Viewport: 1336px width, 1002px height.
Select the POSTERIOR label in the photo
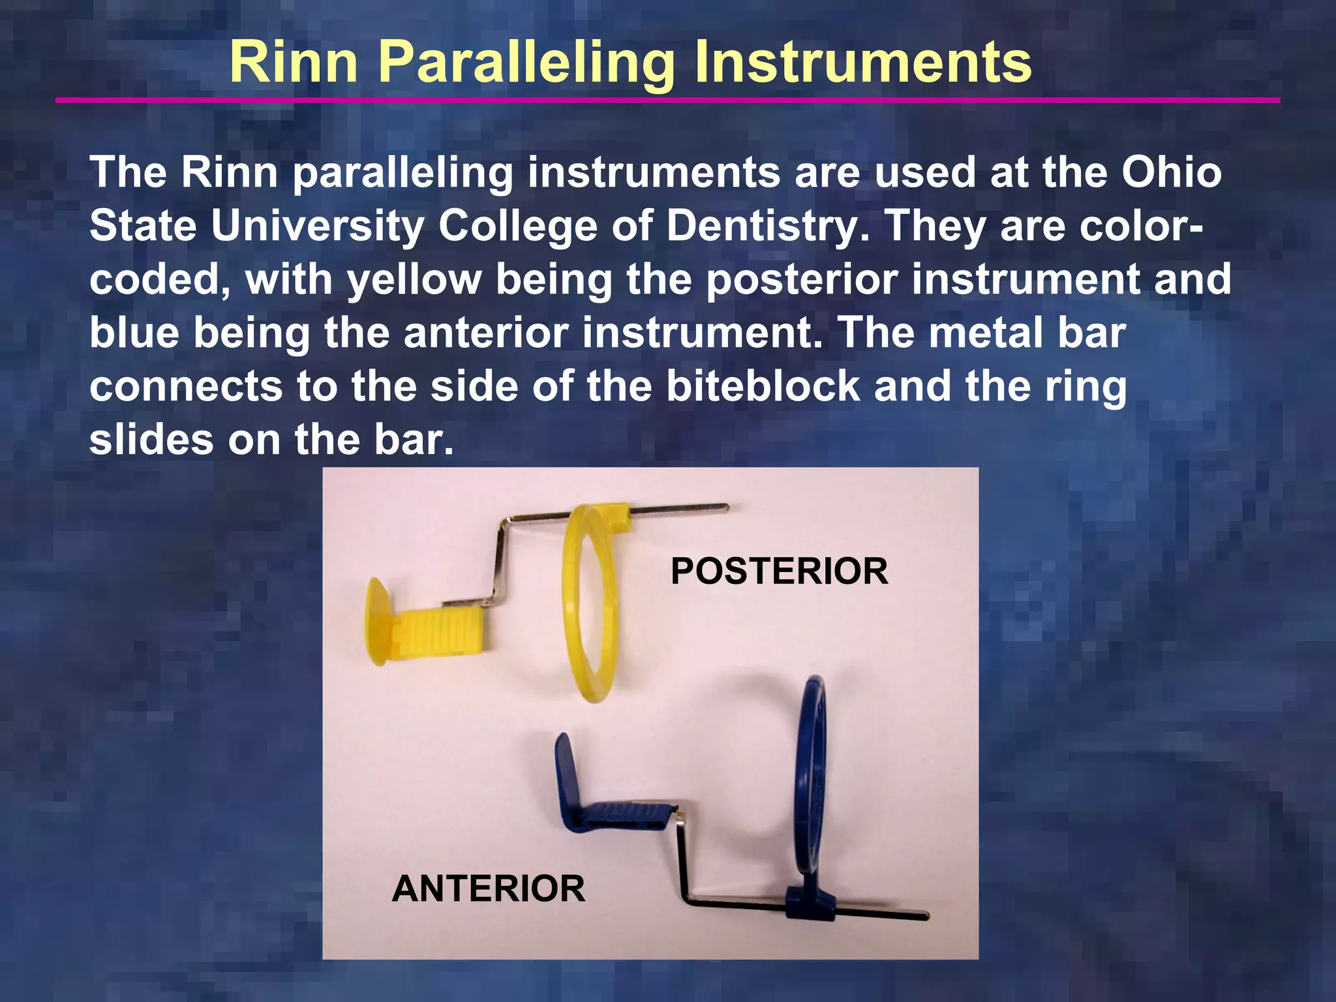pyautogui.click(x=779, y=571)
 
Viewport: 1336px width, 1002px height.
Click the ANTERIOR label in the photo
pyautogui.click(x=489, y=889)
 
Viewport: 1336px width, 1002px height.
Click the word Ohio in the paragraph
pyautogui.click(x=1172, y=173)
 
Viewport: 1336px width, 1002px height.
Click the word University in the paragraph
pyautogui.click(x=318, y=226)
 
